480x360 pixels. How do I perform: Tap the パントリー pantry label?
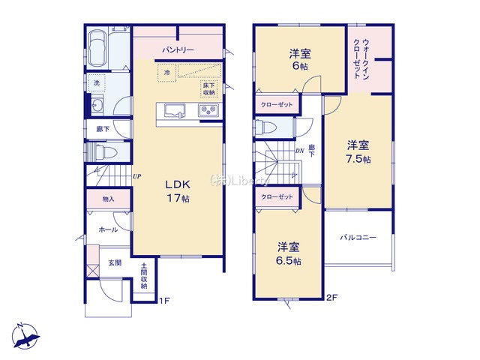178,50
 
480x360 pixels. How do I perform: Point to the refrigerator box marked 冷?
167,73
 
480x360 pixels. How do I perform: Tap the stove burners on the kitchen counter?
208,111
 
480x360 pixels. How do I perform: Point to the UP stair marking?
136,177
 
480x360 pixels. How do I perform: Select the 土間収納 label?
144,277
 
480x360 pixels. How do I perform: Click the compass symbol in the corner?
25,334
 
